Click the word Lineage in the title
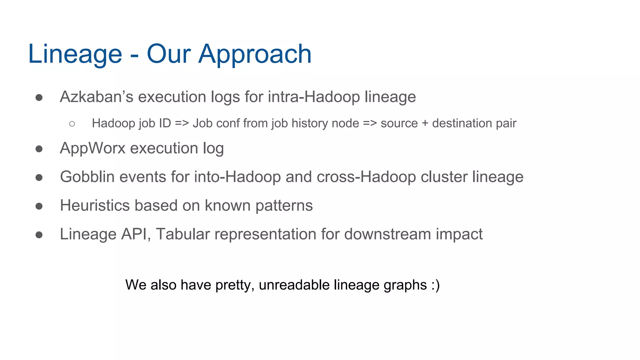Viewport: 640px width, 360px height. click(x=75, y=54)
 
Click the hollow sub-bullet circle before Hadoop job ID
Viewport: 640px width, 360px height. click(x=72, y=124)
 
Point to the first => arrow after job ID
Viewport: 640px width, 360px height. click(x=182, y=123)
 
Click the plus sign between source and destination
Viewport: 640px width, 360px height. click(x=425, y=123)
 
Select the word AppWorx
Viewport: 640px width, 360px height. click(x=92, y=148)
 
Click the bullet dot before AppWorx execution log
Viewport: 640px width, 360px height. click(x=39, y=149)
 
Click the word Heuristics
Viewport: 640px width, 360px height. click(x=95, y=205)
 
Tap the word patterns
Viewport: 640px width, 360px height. click(x=284, y=206)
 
